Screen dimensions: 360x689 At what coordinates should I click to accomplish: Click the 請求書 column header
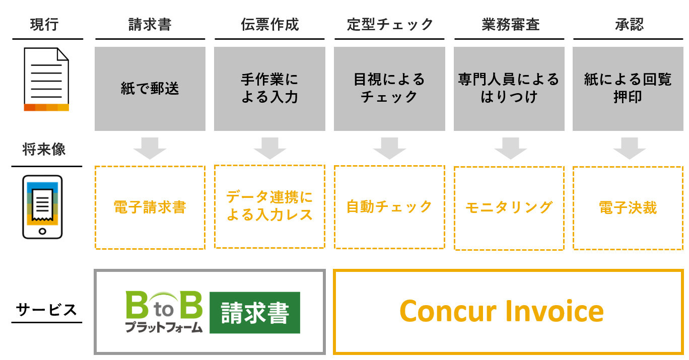point(150,25)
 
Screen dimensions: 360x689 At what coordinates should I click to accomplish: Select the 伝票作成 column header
point(269,25)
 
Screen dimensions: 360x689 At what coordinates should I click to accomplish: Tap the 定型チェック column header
point(390,25)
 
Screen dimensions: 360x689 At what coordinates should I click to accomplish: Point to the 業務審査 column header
point(510,25)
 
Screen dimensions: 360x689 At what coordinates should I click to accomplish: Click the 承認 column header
point(629,25)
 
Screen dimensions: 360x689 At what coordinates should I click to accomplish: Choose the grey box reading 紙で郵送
point(150,89)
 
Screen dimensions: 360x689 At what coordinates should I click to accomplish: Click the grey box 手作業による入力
point(269,89)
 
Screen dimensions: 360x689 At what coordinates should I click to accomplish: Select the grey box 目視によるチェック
point(389,89)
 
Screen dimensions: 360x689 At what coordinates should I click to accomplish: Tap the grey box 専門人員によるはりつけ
point(509,89)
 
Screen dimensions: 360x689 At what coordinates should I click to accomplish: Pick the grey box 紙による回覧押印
point(628,89)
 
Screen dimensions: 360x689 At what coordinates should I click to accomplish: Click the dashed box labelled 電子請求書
point(150,207)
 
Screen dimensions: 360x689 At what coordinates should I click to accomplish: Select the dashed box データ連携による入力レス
point(269,206)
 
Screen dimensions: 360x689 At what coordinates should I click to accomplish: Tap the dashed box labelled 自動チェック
point(389,207)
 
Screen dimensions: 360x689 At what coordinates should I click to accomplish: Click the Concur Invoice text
point(502,311)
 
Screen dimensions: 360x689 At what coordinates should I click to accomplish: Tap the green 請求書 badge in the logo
point(254,312)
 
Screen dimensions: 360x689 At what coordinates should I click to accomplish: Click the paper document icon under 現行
point(46,80)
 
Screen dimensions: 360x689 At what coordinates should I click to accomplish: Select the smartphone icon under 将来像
point(42,206)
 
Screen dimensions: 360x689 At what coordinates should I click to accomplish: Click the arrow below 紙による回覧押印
point(629,148)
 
